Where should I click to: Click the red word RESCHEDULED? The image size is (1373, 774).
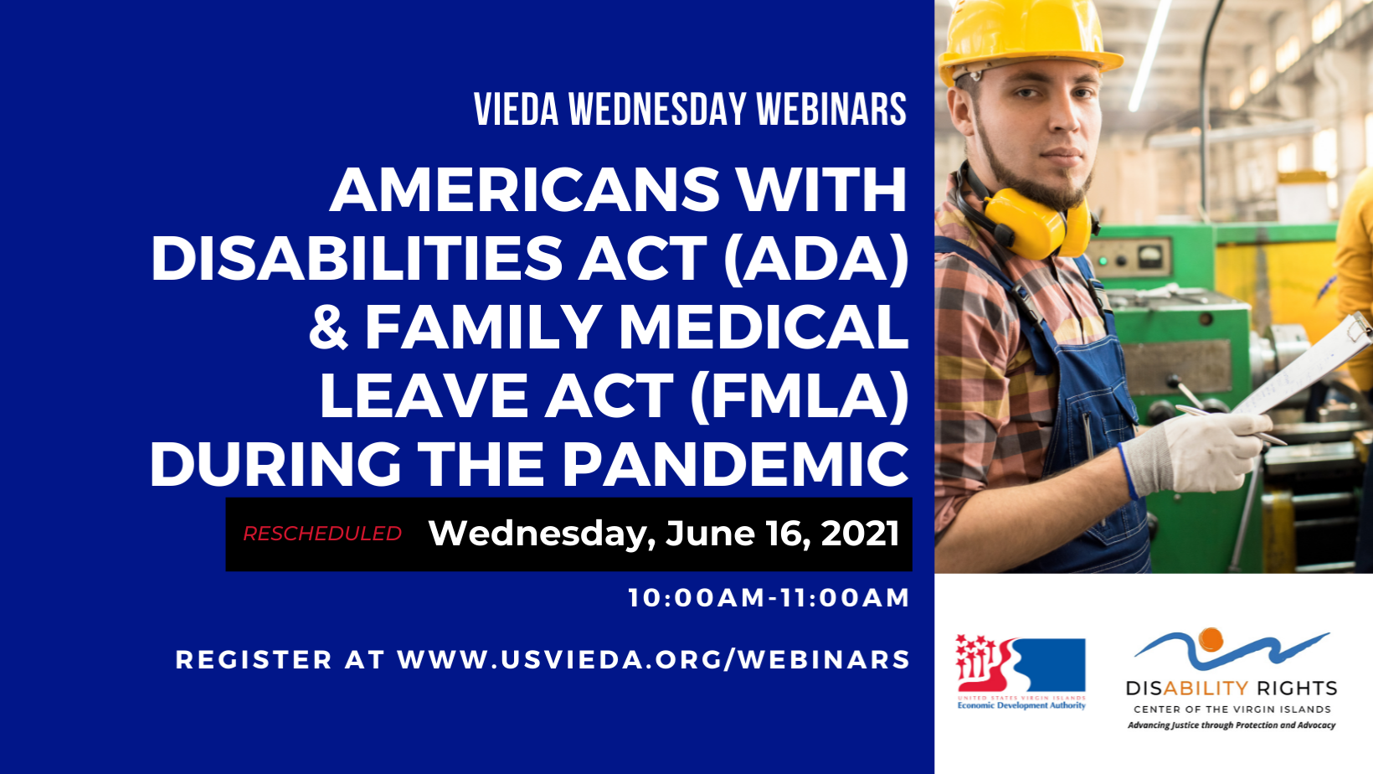(322, 534)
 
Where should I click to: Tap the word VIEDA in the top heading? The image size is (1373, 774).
(516, 110)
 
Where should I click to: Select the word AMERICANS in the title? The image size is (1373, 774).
(525, 189)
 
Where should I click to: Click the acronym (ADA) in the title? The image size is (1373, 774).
(815, 260)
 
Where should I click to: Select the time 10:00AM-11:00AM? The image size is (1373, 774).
(769, 598)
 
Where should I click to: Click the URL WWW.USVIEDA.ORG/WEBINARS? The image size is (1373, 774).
(653, 660)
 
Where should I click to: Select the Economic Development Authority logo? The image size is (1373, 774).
(1021, 672)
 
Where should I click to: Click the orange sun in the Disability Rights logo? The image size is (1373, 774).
(1210, 639)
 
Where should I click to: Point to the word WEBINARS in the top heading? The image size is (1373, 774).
(831, 110)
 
